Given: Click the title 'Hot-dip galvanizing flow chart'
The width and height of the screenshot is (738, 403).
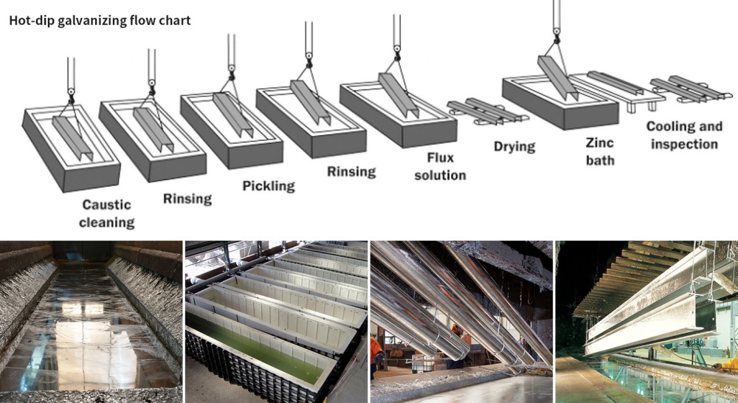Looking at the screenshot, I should point(100,20).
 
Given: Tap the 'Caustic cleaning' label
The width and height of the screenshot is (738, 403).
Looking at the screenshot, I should point(107,213).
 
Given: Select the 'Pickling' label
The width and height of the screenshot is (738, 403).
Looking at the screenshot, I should point(269,185).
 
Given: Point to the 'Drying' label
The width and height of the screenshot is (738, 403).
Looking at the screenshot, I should point(514,146).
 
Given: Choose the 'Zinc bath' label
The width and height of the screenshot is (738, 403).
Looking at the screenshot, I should point(600,151).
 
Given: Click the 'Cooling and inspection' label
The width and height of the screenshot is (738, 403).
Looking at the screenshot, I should point(684,134).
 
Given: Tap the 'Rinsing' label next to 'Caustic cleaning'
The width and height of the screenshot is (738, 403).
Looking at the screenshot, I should point(187,198).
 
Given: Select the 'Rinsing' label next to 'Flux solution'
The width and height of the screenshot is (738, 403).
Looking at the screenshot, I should point(351,172).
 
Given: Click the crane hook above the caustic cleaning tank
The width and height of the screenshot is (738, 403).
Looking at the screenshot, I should point(71,92).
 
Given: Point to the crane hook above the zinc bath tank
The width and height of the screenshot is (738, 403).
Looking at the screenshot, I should point(556,32).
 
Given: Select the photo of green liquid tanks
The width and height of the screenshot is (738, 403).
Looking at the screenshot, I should point(276,321).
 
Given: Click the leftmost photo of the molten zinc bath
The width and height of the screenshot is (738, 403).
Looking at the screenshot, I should point(91,321).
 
